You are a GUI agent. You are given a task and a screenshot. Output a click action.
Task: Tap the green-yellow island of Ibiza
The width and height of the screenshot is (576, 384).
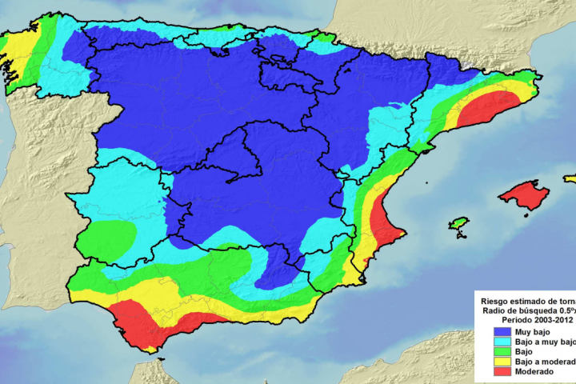(x=458, y=223)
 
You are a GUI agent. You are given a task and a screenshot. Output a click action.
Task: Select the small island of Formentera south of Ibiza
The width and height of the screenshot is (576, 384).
(x=460, y=235)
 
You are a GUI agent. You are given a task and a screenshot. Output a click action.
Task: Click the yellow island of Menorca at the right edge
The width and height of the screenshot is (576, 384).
(x=570, y=179)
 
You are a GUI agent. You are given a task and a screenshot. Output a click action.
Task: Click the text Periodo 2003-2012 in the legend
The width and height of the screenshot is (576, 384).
(x=529, y=318)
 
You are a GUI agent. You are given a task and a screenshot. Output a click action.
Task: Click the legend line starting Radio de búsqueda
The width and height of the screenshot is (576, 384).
(x=528, y=308)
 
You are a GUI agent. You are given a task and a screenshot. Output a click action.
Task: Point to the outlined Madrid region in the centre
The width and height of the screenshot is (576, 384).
(x=232, y=156)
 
